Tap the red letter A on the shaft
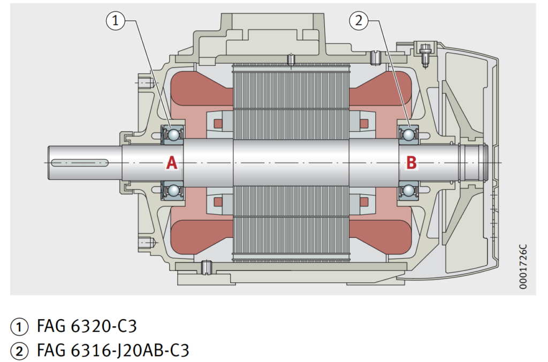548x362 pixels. tap(171, 163)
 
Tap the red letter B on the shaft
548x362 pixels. tap(411, 163)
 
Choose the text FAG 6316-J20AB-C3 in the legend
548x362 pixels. tap(112, 351)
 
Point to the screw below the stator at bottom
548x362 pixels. tap(205, 266)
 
